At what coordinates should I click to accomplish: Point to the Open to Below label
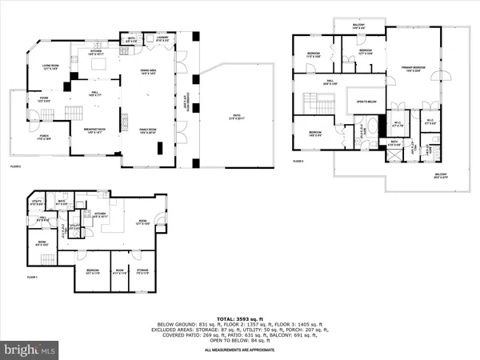pyautogui.click(x=366, y=101)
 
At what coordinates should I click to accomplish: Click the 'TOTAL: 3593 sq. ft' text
pyautogui.click(x=240, y=314)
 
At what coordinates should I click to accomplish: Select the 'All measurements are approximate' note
pyautogui.click(x=240, y=350)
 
